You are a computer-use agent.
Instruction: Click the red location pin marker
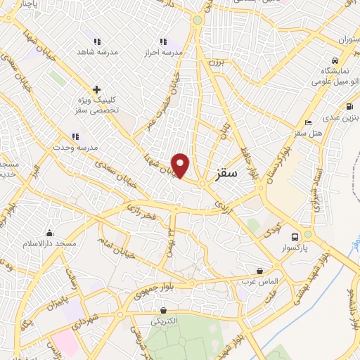click(181, 165)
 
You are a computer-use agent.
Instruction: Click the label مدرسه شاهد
click(97, 53)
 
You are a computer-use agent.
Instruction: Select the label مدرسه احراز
click(164, 53)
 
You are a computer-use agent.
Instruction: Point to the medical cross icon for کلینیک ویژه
click(97, 89)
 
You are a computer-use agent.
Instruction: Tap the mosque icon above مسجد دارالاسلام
click(49, 233)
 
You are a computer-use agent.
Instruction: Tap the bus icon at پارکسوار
click(296, 236)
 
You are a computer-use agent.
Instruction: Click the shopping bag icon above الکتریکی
click(164, 309)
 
